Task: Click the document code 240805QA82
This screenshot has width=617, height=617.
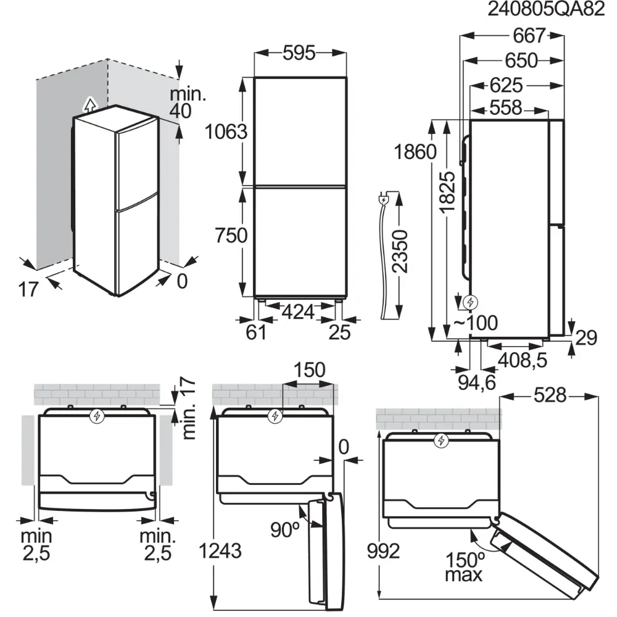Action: click(x=545, y=10)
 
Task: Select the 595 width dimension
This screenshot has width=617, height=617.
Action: click(x=299, y=54)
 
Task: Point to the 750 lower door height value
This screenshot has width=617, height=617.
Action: click(x=230, y=235)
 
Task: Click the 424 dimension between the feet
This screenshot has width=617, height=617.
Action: click(x=298, y=312)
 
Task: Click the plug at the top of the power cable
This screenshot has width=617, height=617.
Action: click(x=383, y=200)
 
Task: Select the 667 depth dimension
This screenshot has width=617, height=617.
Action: click(x=529, y=36)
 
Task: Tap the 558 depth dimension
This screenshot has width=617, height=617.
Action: click(x=505, y=107)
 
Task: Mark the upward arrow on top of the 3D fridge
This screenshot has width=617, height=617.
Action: click(x=90, y=104)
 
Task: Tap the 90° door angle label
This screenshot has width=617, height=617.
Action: click(x=285, y=529)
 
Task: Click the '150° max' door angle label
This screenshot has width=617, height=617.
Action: click(x=466, y=567)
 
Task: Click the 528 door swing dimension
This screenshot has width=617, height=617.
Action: click(x=549, y=396)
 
